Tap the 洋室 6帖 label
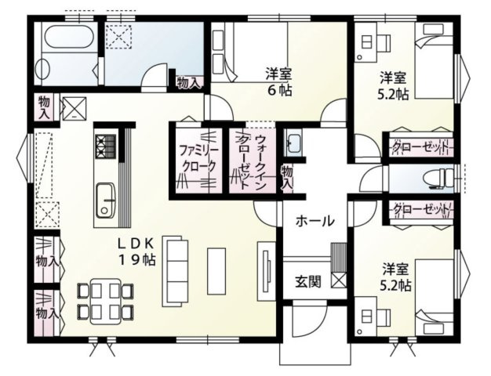click(278, 81)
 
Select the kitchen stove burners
click(105, 144)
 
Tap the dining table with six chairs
click(104, 300)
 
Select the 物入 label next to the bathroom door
click(189, 81)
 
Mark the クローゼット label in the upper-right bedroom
click(420, 147)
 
